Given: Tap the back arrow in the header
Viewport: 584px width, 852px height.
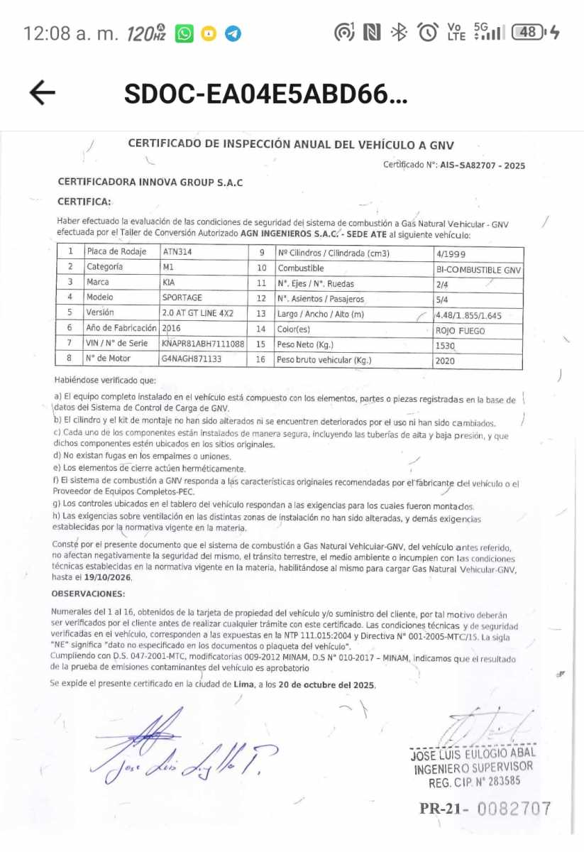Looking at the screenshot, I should click(x=43, y=92).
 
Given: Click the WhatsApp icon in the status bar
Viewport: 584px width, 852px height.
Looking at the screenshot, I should click(x=184, y=33).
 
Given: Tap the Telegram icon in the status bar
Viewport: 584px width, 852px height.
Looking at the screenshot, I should click(x=233, y=33).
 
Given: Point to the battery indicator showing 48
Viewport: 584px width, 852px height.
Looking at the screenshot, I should click(x=529, y=32).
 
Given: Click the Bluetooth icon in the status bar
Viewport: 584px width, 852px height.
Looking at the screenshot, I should click(x=400, y=32).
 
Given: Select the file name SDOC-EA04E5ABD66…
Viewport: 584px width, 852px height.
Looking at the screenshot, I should click(x=265, y=93).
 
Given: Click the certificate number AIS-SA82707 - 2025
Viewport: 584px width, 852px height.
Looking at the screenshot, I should click(x=483, y=165).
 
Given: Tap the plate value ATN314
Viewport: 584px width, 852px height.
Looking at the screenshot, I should click(x=178, y=251).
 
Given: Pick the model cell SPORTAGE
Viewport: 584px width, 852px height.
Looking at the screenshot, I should click(x=182, y=297).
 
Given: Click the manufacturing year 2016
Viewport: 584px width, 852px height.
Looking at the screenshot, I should click(x=172, y=328).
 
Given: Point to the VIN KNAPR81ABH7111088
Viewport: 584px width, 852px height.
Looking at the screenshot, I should click(x=203, y=344).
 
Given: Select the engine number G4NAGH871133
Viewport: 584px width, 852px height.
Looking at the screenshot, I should click(x=192, y=359).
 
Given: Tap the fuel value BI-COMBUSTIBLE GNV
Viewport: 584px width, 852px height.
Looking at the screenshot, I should click(x=478, y=270).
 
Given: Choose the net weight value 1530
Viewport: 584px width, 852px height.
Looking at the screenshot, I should click(x=445, y=346).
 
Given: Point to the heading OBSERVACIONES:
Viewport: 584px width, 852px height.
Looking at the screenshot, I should click(x=88, y=594).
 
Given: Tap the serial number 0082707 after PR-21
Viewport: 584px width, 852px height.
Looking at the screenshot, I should click(x=514, y=808).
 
